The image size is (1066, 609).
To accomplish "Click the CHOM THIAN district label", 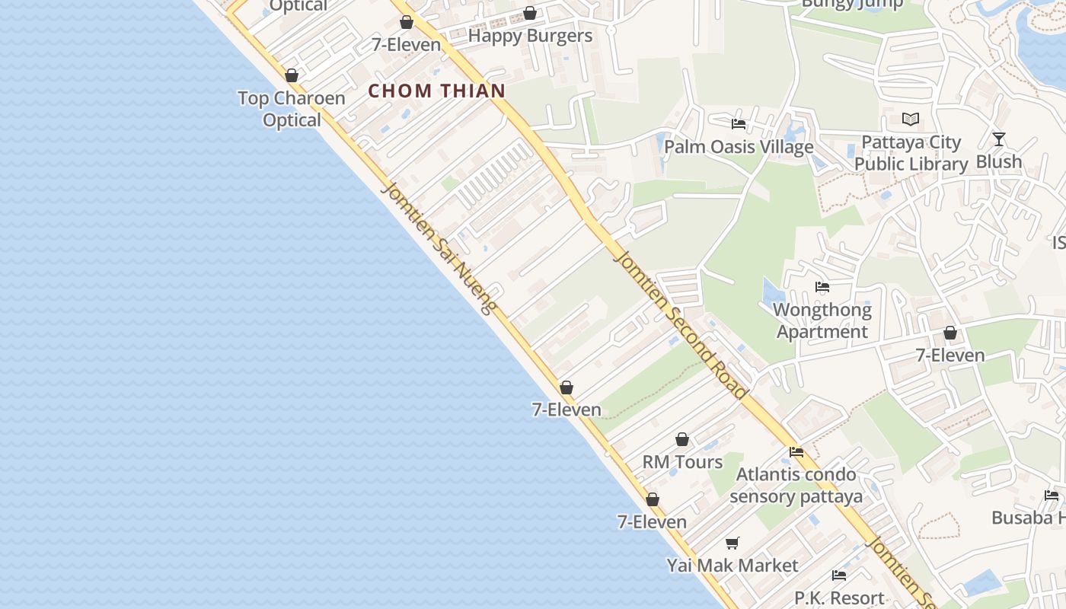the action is tap(437, 91).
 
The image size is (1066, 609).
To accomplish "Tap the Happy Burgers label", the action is tap(530, 36).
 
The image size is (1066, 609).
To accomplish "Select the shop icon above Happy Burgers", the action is tap(530, 13).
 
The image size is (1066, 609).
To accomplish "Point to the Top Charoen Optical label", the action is tap(292, 109).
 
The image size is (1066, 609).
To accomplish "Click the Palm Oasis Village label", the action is tap(739, 147).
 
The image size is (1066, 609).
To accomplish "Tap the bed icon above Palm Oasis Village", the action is tap(738, 123).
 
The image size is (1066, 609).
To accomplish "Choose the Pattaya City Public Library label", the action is tap(911, 153).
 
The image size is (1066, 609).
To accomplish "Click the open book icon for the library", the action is tap(911, 119).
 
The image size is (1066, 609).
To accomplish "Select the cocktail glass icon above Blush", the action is tap(999, 139).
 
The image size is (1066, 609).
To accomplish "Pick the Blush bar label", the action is tap(999, 162).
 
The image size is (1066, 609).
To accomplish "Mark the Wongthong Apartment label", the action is tap(822, 320).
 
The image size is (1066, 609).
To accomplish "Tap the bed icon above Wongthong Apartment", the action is tap(822, 287).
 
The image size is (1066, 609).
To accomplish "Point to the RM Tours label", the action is tap(682, 462).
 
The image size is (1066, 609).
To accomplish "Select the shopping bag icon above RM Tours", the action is tap(682, 439).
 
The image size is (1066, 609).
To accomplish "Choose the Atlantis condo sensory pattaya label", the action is tap(796, 486).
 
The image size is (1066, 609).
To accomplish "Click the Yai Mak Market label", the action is tap(732, 566).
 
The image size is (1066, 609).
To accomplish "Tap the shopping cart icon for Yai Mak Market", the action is tap(732, 543).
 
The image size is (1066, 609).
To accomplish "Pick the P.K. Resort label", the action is tap(839, 598).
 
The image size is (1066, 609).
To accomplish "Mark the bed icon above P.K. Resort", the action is tap(839, 575).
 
